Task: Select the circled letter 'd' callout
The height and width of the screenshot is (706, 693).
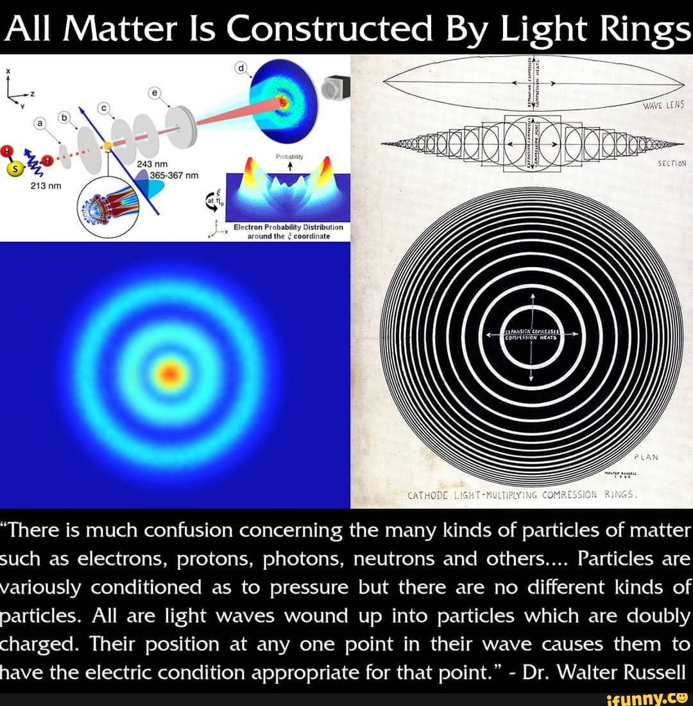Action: coord(241,67)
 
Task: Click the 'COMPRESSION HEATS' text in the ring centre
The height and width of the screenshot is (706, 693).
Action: coord(531,336)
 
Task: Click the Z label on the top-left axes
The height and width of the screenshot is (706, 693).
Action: coord(31,94)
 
